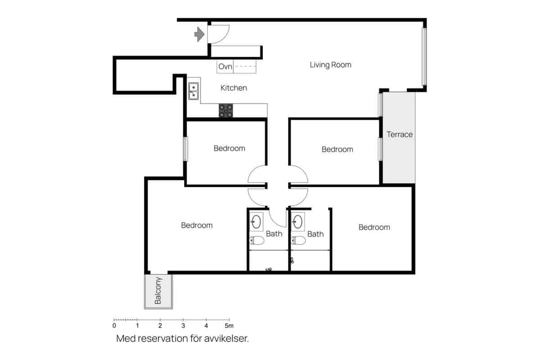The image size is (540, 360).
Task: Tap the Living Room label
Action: pos(330,65)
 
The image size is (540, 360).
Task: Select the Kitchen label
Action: pos(234,88)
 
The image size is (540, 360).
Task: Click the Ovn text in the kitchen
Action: pos(225,67)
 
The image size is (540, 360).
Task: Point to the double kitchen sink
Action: pos(193,91)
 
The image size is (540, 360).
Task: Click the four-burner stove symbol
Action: pos(226,111)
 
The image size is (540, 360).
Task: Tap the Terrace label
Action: pos(400,135)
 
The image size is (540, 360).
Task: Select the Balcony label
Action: pos(158,291)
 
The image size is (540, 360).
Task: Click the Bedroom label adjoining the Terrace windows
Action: pos(337,149)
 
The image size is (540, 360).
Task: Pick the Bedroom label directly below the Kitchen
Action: pos(229,148)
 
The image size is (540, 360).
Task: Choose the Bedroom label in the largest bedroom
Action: pos(197,225)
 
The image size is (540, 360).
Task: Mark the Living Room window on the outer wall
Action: pos(423,57)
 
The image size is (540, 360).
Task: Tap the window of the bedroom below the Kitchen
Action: pos(185,148)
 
